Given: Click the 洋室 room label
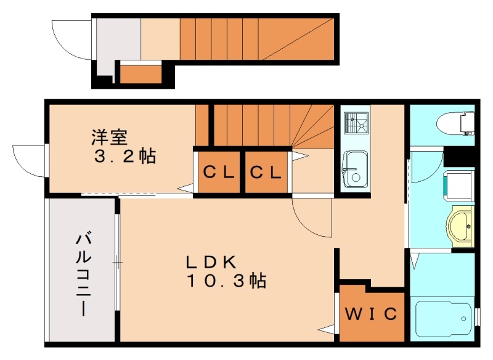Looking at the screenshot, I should (x=110, y=134).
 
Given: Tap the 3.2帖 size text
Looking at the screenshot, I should (x=124, y=156).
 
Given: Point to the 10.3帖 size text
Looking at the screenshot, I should (x=227, y=282).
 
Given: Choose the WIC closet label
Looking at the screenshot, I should (x=370, y=314).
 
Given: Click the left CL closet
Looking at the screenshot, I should (x=219, y=173).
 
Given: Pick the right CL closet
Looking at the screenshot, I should (x=266, y=173).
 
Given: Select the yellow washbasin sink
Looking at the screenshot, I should (x=460, y=226).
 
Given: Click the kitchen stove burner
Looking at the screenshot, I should (x=356, y=122).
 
